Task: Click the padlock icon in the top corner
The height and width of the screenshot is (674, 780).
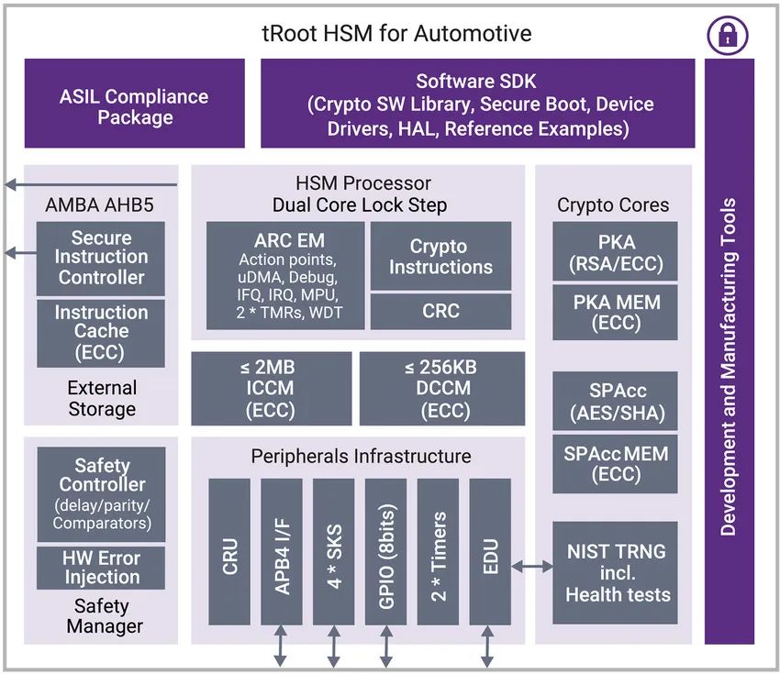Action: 728,35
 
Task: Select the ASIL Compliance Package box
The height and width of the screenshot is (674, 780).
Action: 134,104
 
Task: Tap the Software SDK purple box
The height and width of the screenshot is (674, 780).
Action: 477,104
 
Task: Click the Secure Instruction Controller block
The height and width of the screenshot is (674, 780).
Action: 101,259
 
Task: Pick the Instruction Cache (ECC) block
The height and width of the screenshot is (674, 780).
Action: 101,333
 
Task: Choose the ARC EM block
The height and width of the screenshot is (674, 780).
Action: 285,275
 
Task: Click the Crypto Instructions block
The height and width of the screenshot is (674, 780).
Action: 440,256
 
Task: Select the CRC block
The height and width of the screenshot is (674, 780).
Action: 440,311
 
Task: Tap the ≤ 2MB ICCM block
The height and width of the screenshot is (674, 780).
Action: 272,389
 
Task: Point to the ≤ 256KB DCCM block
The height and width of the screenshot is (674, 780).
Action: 442,389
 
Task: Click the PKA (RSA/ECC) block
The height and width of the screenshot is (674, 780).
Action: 616,251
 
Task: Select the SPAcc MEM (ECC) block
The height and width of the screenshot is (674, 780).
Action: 616,464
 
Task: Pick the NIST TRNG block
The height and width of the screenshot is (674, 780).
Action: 616,572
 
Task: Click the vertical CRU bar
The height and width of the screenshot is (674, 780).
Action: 229,552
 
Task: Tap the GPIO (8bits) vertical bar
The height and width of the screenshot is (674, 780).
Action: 385,552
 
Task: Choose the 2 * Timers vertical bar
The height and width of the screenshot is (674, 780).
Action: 438,552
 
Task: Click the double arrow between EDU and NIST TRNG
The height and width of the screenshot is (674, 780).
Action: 531,566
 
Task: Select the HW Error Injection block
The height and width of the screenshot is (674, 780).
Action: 101,568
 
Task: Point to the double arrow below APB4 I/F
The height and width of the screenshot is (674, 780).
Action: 281,646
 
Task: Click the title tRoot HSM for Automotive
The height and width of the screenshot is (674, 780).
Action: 396,34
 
